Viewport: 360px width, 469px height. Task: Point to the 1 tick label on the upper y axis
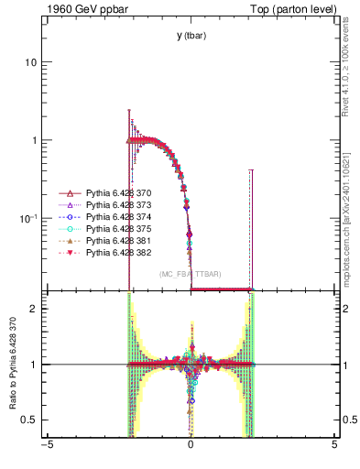coord(34,140)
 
